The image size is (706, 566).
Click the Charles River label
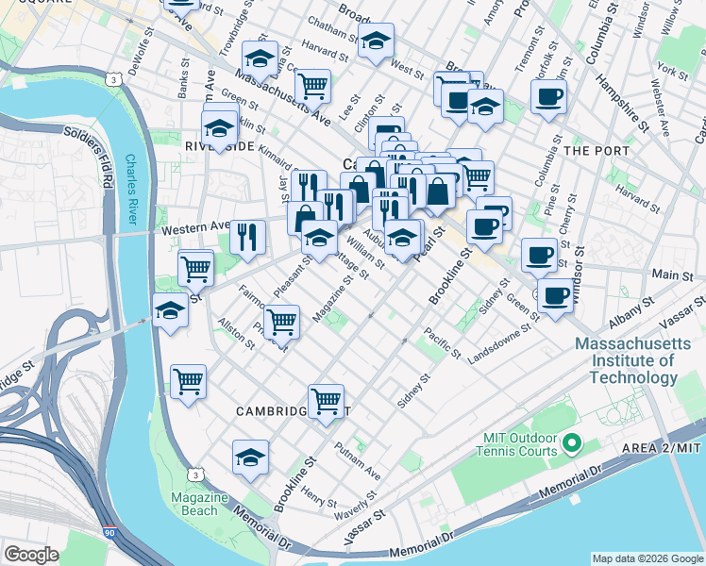(x=138, y=190)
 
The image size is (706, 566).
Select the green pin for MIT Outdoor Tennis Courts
(x=570, y=441)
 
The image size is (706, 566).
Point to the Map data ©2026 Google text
(x=647, y=558)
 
